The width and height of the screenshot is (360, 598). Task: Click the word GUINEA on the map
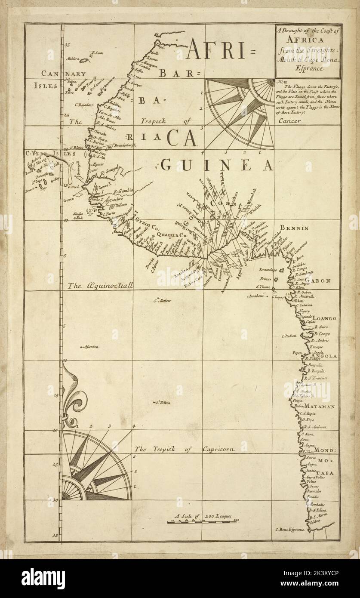[x=217, y=164]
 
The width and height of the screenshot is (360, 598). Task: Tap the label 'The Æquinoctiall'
[x=102, y=285]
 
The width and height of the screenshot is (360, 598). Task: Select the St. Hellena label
[x=163, y=403]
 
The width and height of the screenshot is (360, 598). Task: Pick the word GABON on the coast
[x=318, y=281]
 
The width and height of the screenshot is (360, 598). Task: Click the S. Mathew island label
[x=163, y=301]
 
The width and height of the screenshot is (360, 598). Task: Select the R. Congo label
[x=322, y=334]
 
